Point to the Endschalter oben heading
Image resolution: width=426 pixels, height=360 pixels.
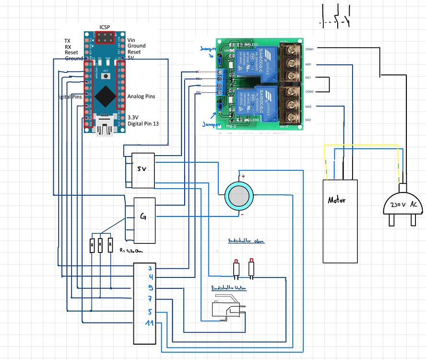(x=246, y=241)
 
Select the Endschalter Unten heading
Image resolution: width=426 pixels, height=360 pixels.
(x=229, y=288)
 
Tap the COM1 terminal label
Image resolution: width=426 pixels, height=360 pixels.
(x=309, y=49)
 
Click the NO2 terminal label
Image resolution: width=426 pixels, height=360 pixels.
(x=308, y=106)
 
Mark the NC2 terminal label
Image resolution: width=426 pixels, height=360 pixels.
(x=308, y=120)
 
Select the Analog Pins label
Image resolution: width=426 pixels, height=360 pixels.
(x=142, y=96)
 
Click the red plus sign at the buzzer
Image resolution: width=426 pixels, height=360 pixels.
(x=243, y=177)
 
